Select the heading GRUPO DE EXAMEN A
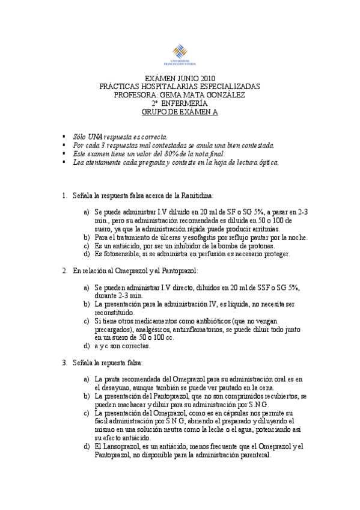[180, 112]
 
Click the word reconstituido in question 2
[114, 313]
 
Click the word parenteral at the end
[254, 455]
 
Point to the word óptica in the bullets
[266, 162]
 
